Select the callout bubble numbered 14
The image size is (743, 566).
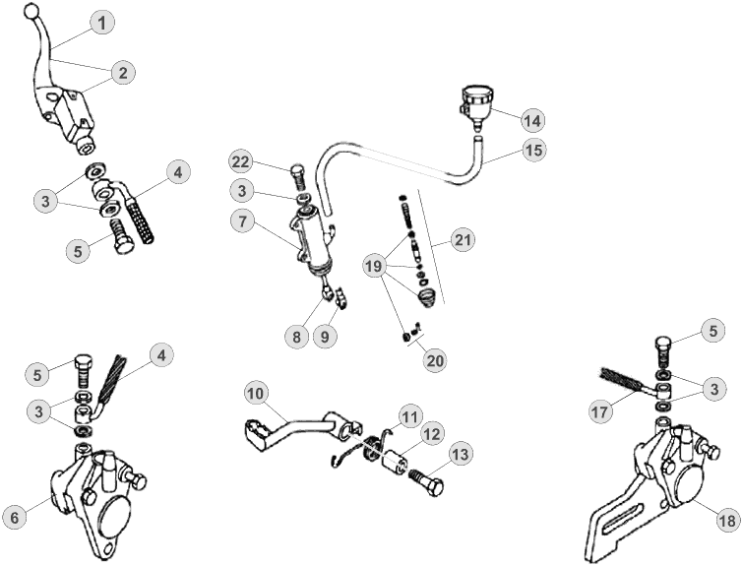click(x=531, y=121)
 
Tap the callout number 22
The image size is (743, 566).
click(x=243, y=160)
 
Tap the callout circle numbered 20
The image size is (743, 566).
click(x=434, y=359)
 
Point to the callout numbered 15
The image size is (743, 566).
click(x=532, y=151)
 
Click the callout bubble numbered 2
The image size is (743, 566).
click(x=123, y=72)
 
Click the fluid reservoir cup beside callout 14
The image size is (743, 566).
click(x=477, y=100)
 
